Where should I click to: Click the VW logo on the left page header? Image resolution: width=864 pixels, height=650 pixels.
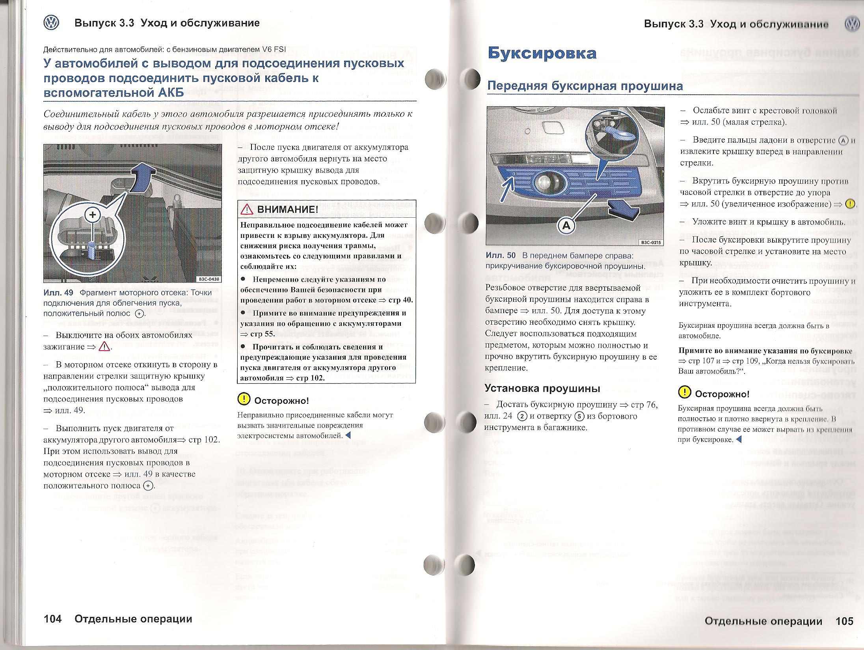click(51, 23)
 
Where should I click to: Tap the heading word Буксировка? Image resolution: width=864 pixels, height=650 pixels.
click(542, 53)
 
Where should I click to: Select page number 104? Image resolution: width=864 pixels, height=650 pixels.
click(53, 619)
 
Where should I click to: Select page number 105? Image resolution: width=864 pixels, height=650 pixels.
click(844, 621)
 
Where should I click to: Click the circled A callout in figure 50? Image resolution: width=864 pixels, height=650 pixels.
click(566, 226)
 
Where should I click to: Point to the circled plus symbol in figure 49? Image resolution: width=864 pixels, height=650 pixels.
click(93, 215)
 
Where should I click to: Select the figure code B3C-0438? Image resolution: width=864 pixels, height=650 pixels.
click(209, 279)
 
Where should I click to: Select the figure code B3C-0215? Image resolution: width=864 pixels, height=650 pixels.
click(651, 243)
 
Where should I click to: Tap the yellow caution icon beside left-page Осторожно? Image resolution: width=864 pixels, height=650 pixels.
click(244, 399)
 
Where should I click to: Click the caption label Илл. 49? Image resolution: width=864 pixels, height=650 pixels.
click(58, 293)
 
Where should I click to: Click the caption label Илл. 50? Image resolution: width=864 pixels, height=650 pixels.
click(500, 256)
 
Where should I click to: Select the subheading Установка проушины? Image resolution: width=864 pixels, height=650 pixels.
click(542, 388)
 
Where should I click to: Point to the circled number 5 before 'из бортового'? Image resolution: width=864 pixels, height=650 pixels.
click(579, 416)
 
